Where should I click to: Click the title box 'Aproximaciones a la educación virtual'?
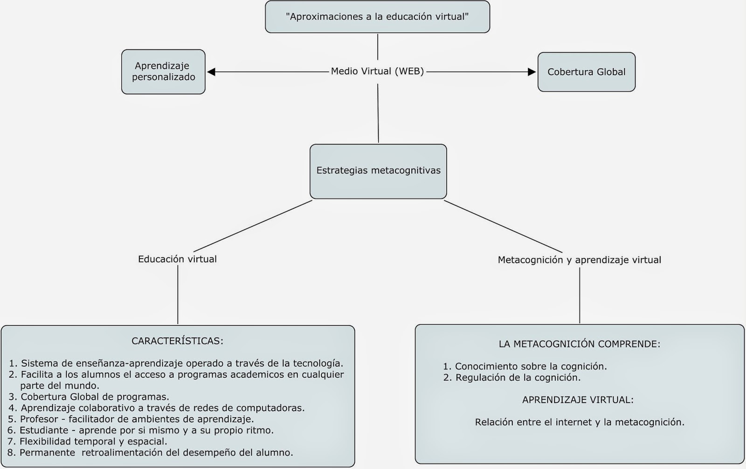[377, 17]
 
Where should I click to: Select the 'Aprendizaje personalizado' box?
[163, 72]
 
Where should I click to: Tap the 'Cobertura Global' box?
[586, 72]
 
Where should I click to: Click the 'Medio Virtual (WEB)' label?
[377, 71]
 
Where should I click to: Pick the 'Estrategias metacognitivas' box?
[378, 171]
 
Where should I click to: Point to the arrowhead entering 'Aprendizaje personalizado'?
[211, 72]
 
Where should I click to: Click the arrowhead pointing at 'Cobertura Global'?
[532, 72]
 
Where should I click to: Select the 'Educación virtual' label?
[177, 259]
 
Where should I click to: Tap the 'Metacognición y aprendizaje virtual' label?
[579, 260]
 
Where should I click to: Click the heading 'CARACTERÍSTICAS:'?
[177, 341]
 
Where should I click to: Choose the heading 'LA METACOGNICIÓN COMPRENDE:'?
[579, 344]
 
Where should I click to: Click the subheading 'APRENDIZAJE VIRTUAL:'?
[578, 400]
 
